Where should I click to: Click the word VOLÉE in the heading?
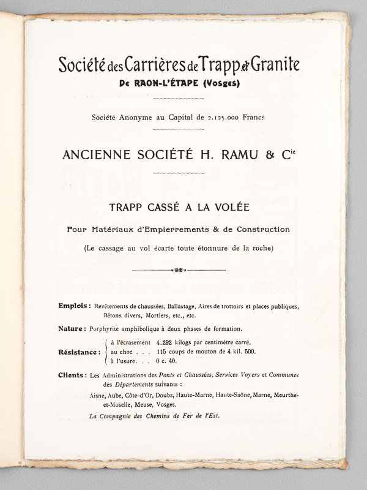point(226,208)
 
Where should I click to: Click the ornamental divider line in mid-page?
point(179,269)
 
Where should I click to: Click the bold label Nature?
point(72,328)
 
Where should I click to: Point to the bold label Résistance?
point(80,352)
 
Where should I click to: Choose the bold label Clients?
point(72,374)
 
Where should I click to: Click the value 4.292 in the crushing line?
point(166,342)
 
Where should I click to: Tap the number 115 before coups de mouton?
point(161,352)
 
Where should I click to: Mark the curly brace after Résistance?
point(106,352)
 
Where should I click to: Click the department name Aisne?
point(99,396)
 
